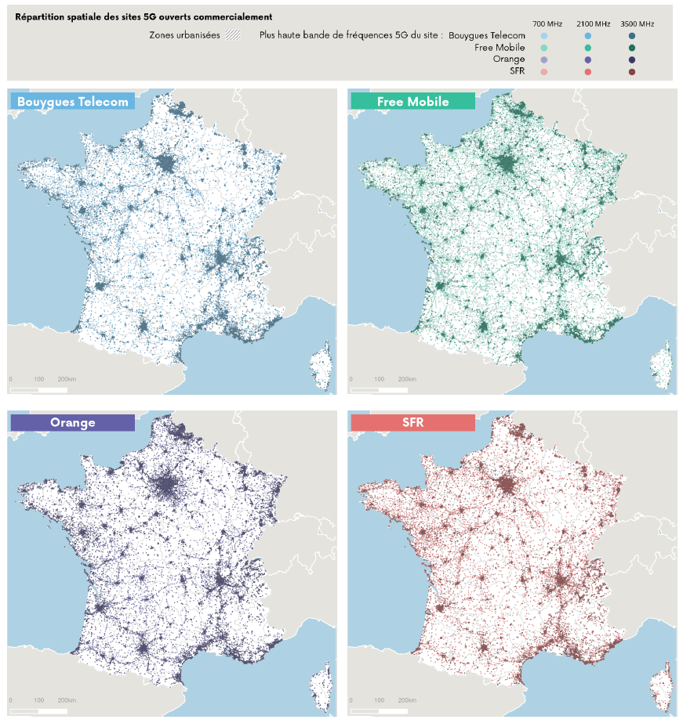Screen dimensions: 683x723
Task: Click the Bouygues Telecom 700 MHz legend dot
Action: (x=544, y=36)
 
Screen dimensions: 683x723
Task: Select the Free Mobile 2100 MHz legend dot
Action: (x=588, y=48)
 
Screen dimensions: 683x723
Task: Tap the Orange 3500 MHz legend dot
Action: (x=632, y=60)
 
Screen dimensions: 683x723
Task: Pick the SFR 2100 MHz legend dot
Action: (x=588, y=72)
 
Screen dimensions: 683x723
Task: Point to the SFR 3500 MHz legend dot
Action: (x=632, y=72)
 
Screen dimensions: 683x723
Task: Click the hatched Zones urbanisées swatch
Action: (x=233, y=35)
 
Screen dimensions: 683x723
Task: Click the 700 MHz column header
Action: (x=547, y=24)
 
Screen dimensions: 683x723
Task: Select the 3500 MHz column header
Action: (x=638, y=24)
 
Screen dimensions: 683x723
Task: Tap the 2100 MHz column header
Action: (x=593, y=24)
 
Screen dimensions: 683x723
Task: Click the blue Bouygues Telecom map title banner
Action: (x=73, y=101)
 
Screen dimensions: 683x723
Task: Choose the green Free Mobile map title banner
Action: (x=413, y=101)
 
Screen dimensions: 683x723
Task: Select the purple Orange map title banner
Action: (x=73, y=422)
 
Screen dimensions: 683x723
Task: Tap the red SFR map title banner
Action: (x=413, y=422)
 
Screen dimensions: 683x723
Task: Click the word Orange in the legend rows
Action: (x=509, y=59)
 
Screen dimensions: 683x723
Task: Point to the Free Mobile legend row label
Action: (x=500, y=48)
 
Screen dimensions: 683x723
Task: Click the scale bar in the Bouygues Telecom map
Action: (x=38, y=390)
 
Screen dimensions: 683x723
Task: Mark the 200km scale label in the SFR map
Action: (x=407, y=700)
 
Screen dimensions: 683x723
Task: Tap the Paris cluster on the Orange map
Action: (x=166, y=485)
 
